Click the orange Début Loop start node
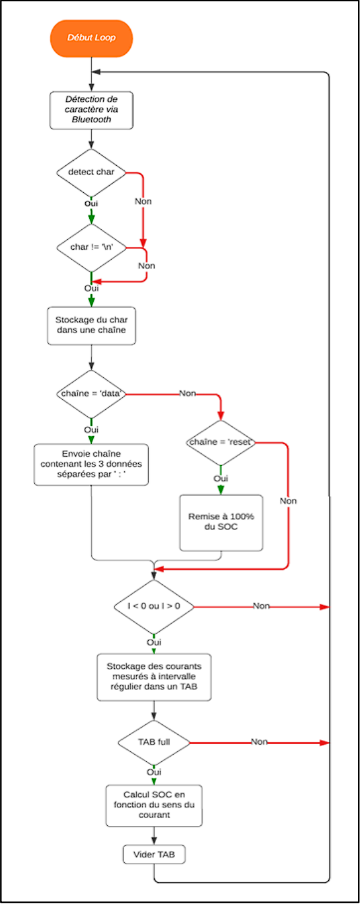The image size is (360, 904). point(91,38)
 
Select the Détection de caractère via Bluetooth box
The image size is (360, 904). point(91,109)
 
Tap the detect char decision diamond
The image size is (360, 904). point(91,172)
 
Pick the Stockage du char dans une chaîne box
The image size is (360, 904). point(91,326)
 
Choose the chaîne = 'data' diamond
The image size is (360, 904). point(91,394)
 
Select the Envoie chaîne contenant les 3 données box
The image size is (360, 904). point(90,465)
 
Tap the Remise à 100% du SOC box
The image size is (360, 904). point(221,522)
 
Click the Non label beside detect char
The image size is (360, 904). point(143,201)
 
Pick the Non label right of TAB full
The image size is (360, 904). point(259,742)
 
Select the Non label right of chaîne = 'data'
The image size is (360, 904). point(188,394)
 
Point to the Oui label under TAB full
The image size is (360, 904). point(153,771)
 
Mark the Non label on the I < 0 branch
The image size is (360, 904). point(262,606)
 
